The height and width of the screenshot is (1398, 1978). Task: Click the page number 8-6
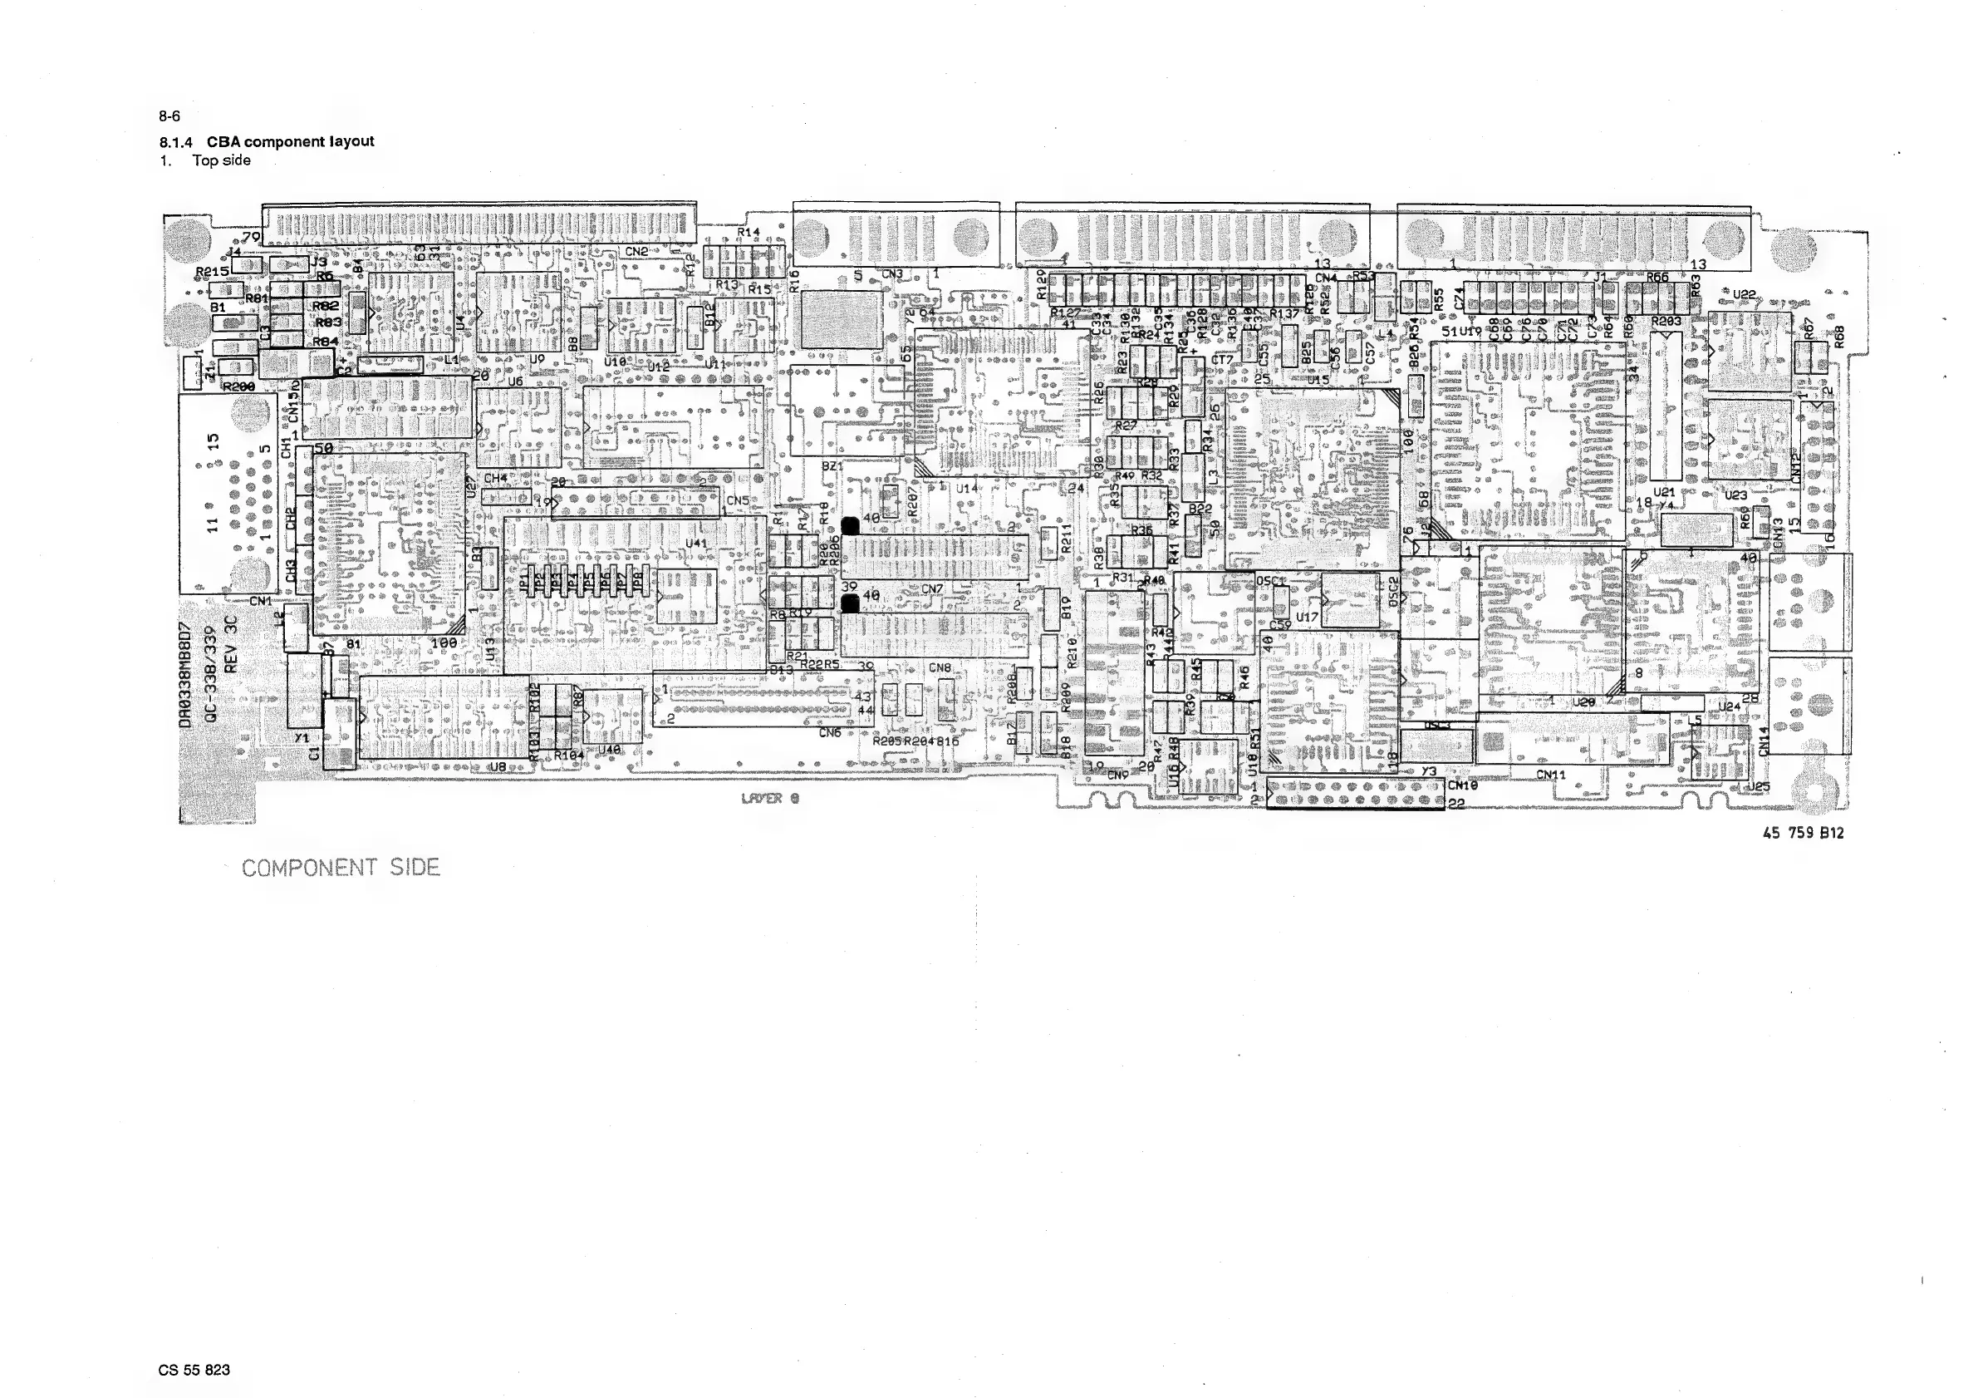(x=169, y=116)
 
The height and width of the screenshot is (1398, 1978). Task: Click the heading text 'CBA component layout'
(x=290, y=141)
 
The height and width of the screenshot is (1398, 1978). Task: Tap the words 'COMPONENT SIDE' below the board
(x=341, y=868)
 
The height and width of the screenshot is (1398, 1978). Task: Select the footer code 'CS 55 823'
(x=194, y=1370)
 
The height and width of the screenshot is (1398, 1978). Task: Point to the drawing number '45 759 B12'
(x=1803, y=833)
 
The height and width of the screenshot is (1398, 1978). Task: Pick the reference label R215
(x=212, y=272)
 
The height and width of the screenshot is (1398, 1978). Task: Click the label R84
(x=326, y=342)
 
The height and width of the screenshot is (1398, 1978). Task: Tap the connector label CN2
(x=636, y=252)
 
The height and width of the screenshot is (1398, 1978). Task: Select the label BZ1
(x=832, y=466)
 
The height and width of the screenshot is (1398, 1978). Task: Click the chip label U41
(x=696, y=543)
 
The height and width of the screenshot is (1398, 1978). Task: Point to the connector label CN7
(x=932, y=589)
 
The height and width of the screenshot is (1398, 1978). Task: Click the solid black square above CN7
(x=851, y=525)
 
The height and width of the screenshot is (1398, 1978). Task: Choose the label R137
(x=1283, y=313)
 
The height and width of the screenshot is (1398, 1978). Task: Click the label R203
(x=1666, y=322)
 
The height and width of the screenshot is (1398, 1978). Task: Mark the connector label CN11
(x=1551, y=775)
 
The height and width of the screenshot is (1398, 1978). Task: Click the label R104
(x=568, y=755)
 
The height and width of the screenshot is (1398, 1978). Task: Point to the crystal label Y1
(x=302, y=739)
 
